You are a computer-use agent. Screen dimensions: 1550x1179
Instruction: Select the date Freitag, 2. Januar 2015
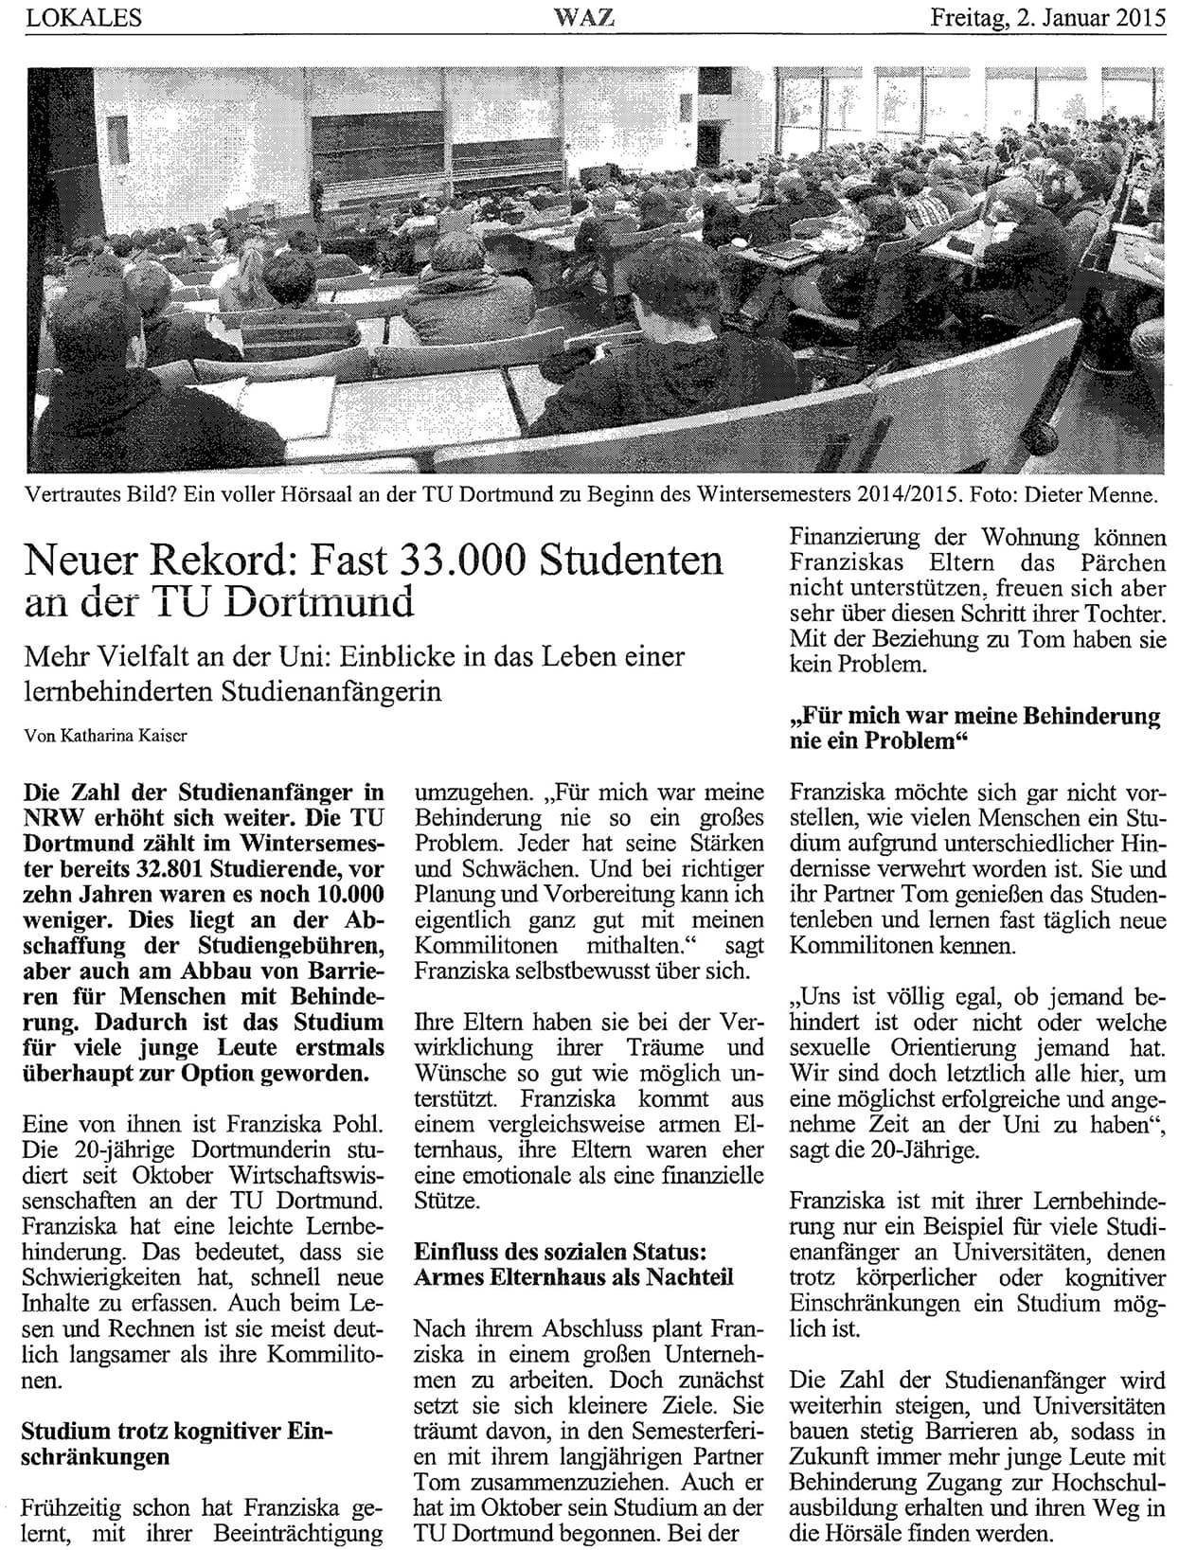click(1049, 17)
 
